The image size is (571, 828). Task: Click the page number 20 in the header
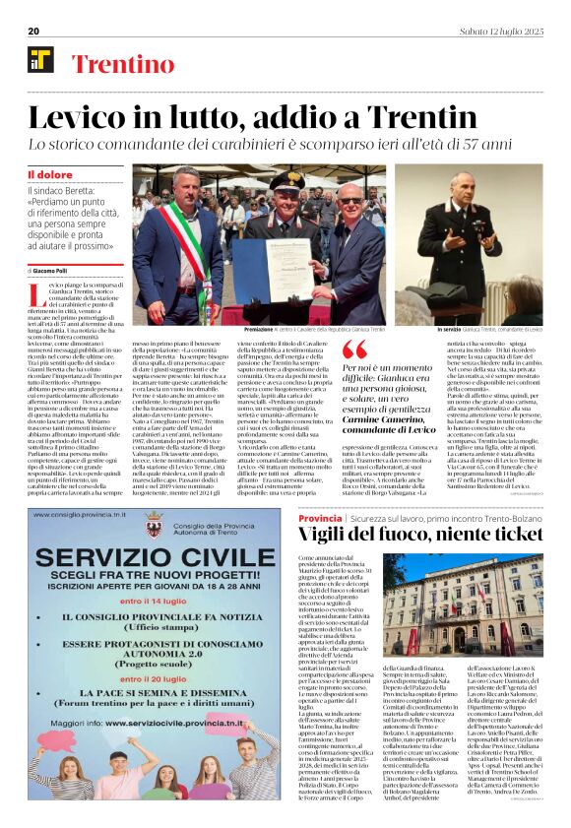[33, 31]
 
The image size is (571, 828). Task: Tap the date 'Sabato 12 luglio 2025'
[503, 31]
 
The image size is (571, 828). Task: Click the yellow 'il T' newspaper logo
[41, 61]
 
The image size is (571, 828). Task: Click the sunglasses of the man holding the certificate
[349, 200]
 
